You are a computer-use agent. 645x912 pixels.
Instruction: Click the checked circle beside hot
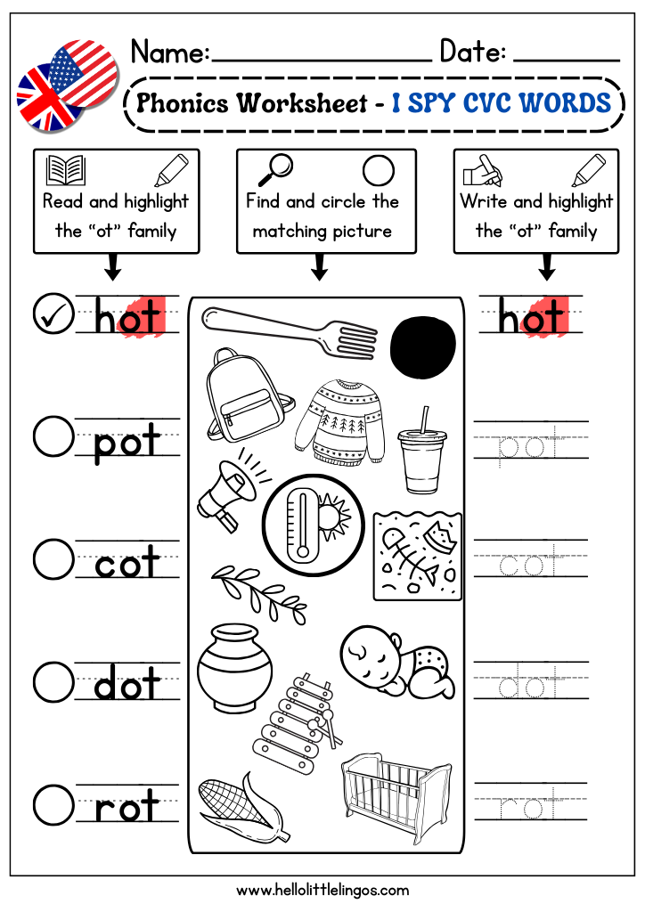pyautogui.click(x=53, y=314)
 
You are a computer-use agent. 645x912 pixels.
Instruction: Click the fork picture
pyautogui.click(x=290, y=330)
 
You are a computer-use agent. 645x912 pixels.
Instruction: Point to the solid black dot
pyautogui.click(x=423, y=347)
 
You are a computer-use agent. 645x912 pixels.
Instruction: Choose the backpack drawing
pyautogui.click(x=247, y=395)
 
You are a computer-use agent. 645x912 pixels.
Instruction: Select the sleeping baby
pyautogui.click(x=397, y=662)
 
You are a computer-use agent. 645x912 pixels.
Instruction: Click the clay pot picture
pyautogui.click(x=235, y=668)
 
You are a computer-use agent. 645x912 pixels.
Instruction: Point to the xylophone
pyautogui.click(x=298, y=723)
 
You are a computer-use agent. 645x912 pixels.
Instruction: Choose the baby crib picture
pyautogui.click(x=396, y=796)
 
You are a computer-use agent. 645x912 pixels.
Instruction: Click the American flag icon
pyautogui.click(x=84, y=73)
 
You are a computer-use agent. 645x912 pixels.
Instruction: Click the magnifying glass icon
pyautogui.click(x=275, y=169)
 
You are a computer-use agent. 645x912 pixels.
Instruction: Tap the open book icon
pyautogui.click(x=66, y=170)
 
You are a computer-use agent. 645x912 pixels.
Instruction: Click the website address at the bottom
pyautogui.click(x=322, y=890)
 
